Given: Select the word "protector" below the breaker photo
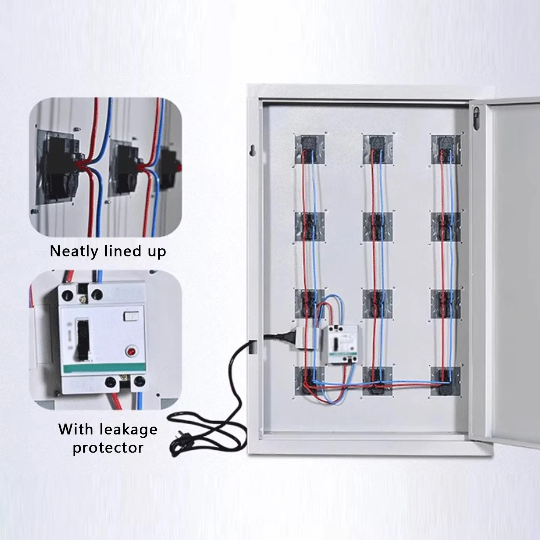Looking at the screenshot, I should pyautogui.click(x=108, y=448).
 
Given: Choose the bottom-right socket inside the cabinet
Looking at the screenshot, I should pyautogui.click(x=446, y=381).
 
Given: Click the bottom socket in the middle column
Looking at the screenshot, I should pyautogui.click(x=378, y=381).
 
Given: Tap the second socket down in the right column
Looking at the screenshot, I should pyautogui.click(x=446, y=226).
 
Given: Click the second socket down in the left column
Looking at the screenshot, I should pyautogui.click(x=310, y=226).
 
